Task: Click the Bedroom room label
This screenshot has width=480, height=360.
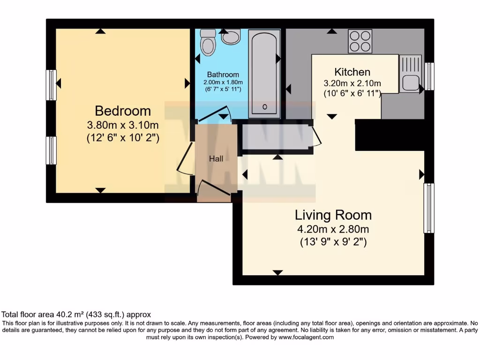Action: pos(123,111)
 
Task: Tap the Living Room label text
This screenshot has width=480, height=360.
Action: pos(333,215)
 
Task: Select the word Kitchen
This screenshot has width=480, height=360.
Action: pos(352,72)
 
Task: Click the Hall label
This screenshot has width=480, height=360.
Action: pos(216,159)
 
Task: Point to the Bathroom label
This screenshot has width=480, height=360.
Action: pos(223,75)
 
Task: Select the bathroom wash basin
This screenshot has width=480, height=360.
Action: pos(231,37)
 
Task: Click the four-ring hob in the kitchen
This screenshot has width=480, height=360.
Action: pos(360,41)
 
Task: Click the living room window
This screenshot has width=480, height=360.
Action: pos(428,208)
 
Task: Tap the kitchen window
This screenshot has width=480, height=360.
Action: pos(429,76)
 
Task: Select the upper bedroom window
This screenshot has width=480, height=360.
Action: pos(51,85)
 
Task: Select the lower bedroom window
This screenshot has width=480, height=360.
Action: pos(51,150)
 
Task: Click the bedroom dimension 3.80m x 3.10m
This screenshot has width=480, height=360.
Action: pos(123,125)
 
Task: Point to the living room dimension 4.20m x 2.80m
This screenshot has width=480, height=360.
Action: pos(333,230)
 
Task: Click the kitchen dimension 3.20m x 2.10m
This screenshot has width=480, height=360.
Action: pos(352,83)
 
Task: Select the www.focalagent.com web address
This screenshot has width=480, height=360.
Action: pos(306,337)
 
